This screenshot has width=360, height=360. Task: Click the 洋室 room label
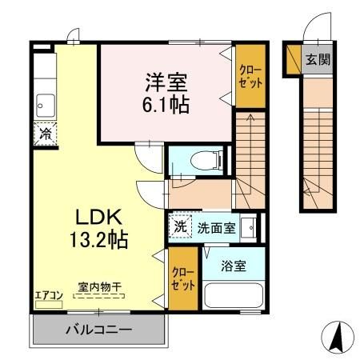point(166,82)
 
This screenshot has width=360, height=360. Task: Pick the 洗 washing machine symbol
point(181,226)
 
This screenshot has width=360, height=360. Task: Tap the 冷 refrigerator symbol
point(45,134)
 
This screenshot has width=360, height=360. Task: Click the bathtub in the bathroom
point(234,295)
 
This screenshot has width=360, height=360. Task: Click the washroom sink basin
point(250,226)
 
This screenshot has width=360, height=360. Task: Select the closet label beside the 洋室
point(249,78)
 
